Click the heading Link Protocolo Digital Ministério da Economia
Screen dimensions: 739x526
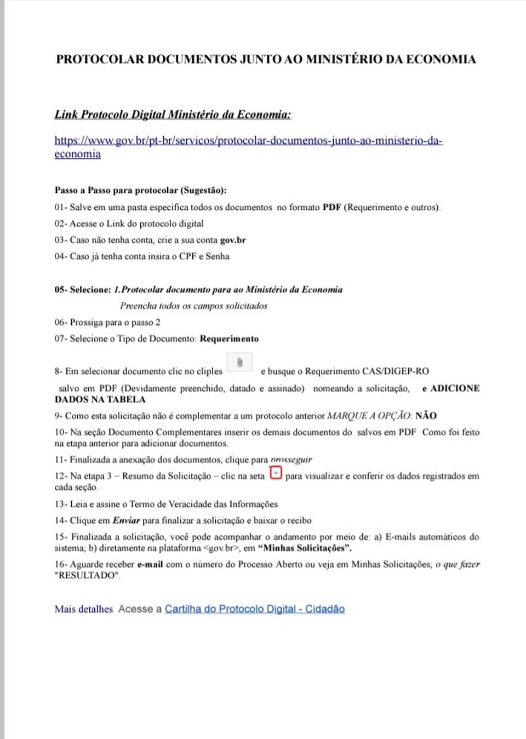(173, 114)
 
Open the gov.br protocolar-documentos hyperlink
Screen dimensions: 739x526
(248, 141)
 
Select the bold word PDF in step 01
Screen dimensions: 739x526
(331, 207)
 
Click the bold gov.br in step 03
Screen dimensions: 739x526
(233, 240)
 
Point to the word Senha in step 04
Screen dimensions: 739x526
(218, 256)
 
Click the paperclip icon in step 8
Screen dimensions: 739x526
(239, 362)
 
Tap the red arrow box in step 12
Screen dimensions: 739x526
(276, 473)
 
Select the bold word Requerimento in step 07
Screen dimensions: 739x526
(229, 339)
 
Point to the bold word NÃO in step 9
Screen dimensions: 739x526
(426, 416)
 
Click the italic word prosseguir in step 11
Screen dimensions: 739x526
(291, 460)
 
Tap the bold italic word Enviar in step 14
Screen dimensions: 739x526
(126, 520)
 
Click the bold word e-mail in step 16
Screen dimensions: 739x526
(150, 564)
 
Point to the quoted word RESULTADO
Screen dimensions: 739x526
(87, 575)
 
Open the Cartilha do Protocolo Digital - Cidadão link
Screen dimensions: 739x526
(255, 609)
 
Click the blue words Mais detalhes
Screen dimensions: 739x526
(83, 609)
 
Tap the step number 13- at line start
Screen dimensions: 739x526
(60, 504)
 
